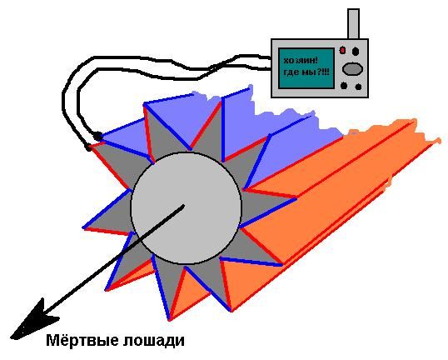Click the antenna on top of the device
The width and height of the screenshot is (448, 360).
click(x=353, y=23)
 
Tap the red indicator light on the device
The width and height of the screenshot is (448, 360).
click(x=342, y=51)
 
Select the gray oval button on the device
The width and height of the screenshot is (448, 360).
click(x=352, y=69)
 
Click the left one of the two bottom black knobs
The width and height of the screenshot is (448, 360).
click(x=344, y=85)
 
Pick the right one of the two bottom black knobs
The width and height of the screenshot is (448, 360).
click(x=358, y=87)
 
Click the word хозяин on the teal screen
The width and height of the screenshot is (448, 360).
click(x=299, y=61)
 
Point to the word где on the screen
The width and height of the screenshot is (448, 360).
click(x=291, y=72)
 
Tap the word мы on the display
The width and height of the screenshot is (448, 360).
click(x=308, y=72)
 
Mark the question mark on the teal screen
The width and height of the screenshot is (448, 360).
click(x=319, y=72)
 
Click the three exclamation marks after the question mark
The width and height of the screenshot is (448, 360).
click(x=326, y=72)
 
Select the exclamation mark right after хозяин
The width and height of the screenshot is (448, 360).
click(x=316, y=60)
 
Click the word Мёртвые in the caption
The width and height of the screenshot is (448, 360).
click(x=83, y=341)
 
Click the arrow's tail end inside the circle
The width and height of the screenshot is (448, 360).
click(x=183, y=205)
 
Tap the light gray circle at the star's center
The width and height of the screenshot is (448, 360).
click(x=187, y=207)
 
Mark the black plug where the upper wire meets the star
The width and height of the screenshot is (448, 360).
click(x=98, y=137)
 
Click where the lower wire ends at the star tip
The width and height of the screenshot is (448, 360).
click(x=87, y=147)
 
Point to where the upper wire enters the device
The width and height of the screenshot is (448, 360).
click(x=270, y=58)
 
